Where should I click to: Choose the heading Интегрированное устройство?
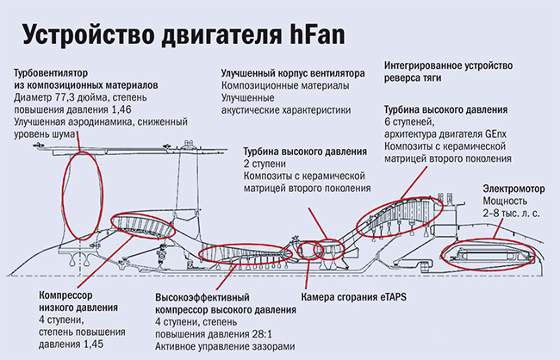(447, 65)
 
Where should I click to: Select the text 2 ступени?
(269, 164)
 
